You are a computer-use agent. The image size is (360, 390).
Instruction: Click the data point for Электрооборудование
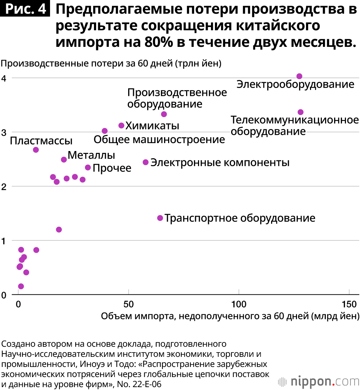(299, 76)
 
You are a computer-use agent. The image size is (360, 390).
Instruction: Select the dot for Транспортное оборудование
(160, 218)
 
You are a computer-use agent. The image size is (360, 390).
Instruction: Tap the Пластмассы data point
(36, 150)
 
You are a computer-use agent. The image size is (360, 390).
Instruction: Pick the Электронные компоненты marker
(146, 162)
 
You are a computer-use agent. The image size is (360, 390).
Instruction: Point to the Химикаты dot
(121, 125)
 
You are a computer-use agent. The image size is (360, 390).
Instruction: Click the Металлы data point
(64, 159)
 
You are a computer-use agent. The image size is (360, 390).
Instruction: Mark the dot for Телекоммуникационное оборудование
(301, 112)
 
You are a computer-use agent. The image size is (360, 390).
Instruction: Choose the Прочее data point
(88, 168)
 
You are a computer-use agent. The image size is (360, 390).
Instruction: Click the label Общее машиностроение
(159, 139)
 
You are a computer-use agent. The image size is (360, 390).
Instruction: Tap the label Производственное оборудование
(177, 98)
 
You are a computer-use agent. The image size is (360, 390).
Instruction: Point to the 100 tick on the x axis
(239, 304)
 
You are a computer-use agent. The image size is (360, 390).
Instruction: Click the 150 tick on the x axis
(349, 304)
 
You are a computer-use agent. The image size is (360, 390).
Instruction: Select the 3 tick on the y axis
(5, 132)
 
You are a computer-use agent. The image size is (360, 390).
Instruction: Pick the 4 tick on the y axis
(5, 78)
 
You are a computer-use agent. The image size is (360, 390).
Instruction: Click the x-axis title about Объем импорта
(230, 316)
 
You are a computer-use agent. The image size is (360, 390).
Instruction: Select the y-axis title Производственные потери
(111, 64)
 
